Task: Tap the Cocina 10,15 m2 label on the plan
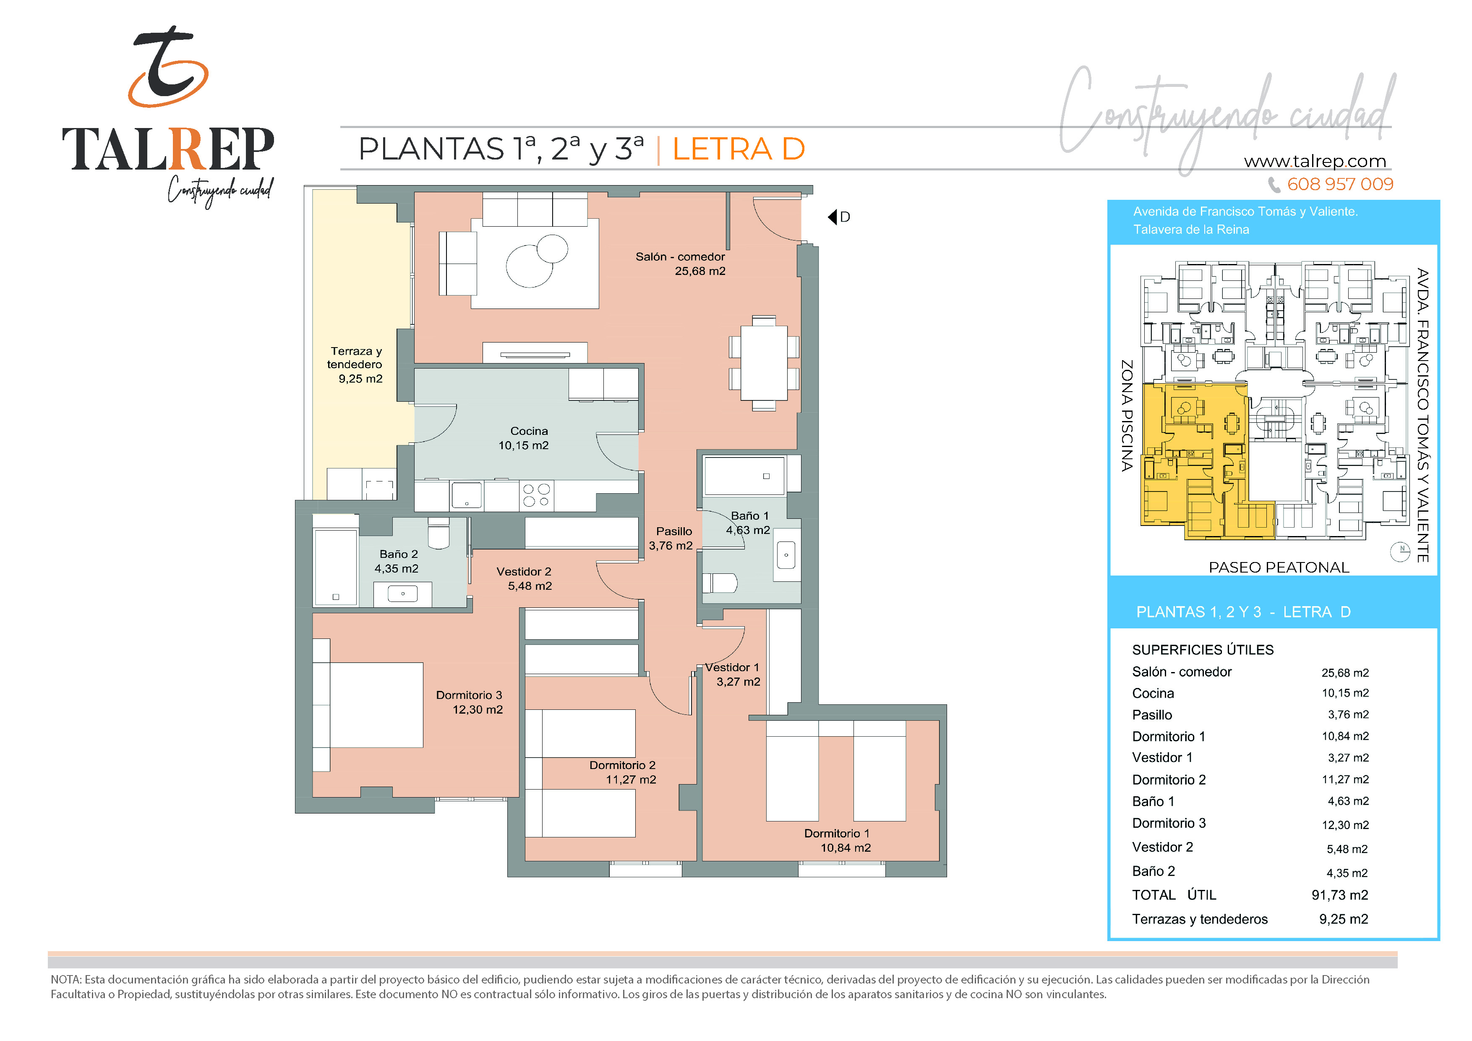pyautogui.click(x=524, y=438)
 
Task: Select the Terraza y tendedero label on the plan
pyautogui.click(x=355, y=364)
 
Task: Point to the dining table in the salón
pyautogui.click(x=764, y=363)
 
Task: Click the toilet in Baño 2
pyautogui.click(x=439, y=533)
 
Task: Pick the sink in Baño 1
pyautogui.click(x=786, y=555)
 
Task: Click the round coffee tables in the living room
pyautogui.click(x=537, y=260)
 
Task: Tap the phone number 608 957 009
pyautogui.click(x=1340, y=185)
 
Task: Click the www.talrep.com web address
pyautogui.click(x=1315, y=161)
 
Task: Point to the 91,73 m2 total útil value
pyautogui.click(x=1339, y=895)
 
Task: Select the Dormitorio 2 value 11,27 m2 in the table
pyautogui.click(x=1345, y=779)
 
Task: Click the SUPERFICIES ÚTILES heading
pyautogui.click(x=1203, y=650)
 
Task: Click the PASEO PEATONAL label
pyautogui.click(x=1279, y=567)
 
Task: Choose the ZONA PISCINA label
pyautogui.click(x=1126, y=416)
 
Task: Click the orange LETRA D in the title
pyautogui.click(x=739, y=149)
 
